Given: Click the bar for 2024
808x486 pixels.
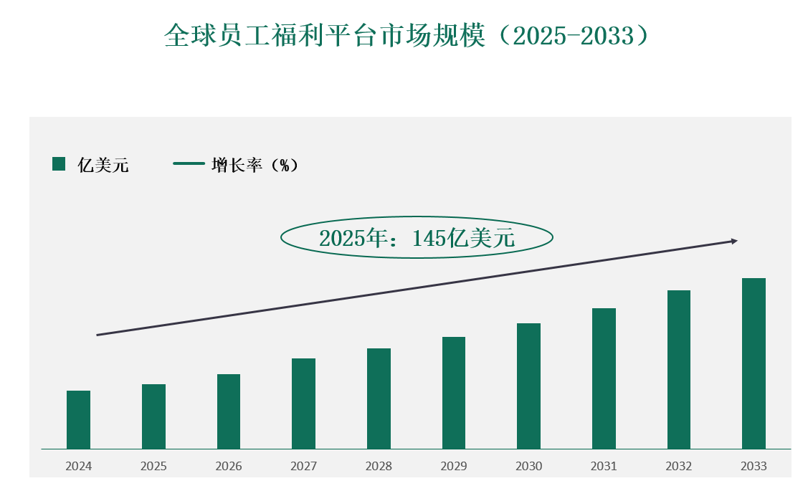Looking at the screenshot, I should coord(78,419).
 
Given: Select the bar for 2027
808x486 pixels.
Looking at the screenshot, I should coord(303,404).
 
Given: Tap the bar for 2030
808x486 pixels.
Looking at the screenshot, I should coord(528,386).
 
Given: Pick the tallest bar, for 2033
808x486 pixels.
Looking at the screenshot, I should coord(754,363).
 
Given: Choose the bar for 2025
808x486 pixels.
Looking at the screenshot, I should coord(153,416).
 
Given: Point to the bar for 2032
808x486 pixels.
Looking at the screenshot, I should coord(678,369).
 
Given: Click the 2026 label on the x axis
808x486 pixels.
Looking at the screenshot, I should coord(229,467).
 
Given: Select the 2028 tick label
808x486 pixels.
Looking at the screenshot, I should coord(379,467).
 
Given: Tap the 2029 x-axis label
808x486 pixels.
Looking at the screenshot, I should coord(454,467).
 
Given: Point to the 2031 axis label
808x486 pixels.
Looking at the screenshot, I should coord(604,467).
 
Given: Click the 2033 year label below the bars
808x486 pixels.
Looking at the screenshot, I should coord(754,467).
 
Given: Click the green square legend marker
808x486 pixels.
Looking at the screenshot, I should coord(59,164).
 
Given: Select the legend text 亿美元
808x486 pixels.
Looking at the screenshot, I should coord(103,166).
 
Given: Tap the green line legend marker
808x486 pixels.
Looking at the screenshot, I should coord(189,164).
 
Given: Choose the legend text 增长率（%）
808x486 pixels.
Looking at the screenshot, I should coord(255,166).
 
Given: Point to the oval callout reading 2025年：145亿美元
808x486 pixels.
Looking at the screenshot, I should coord(417,238).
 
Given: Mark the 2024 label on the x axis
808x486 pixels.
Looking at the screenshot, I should coord(78,467).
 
